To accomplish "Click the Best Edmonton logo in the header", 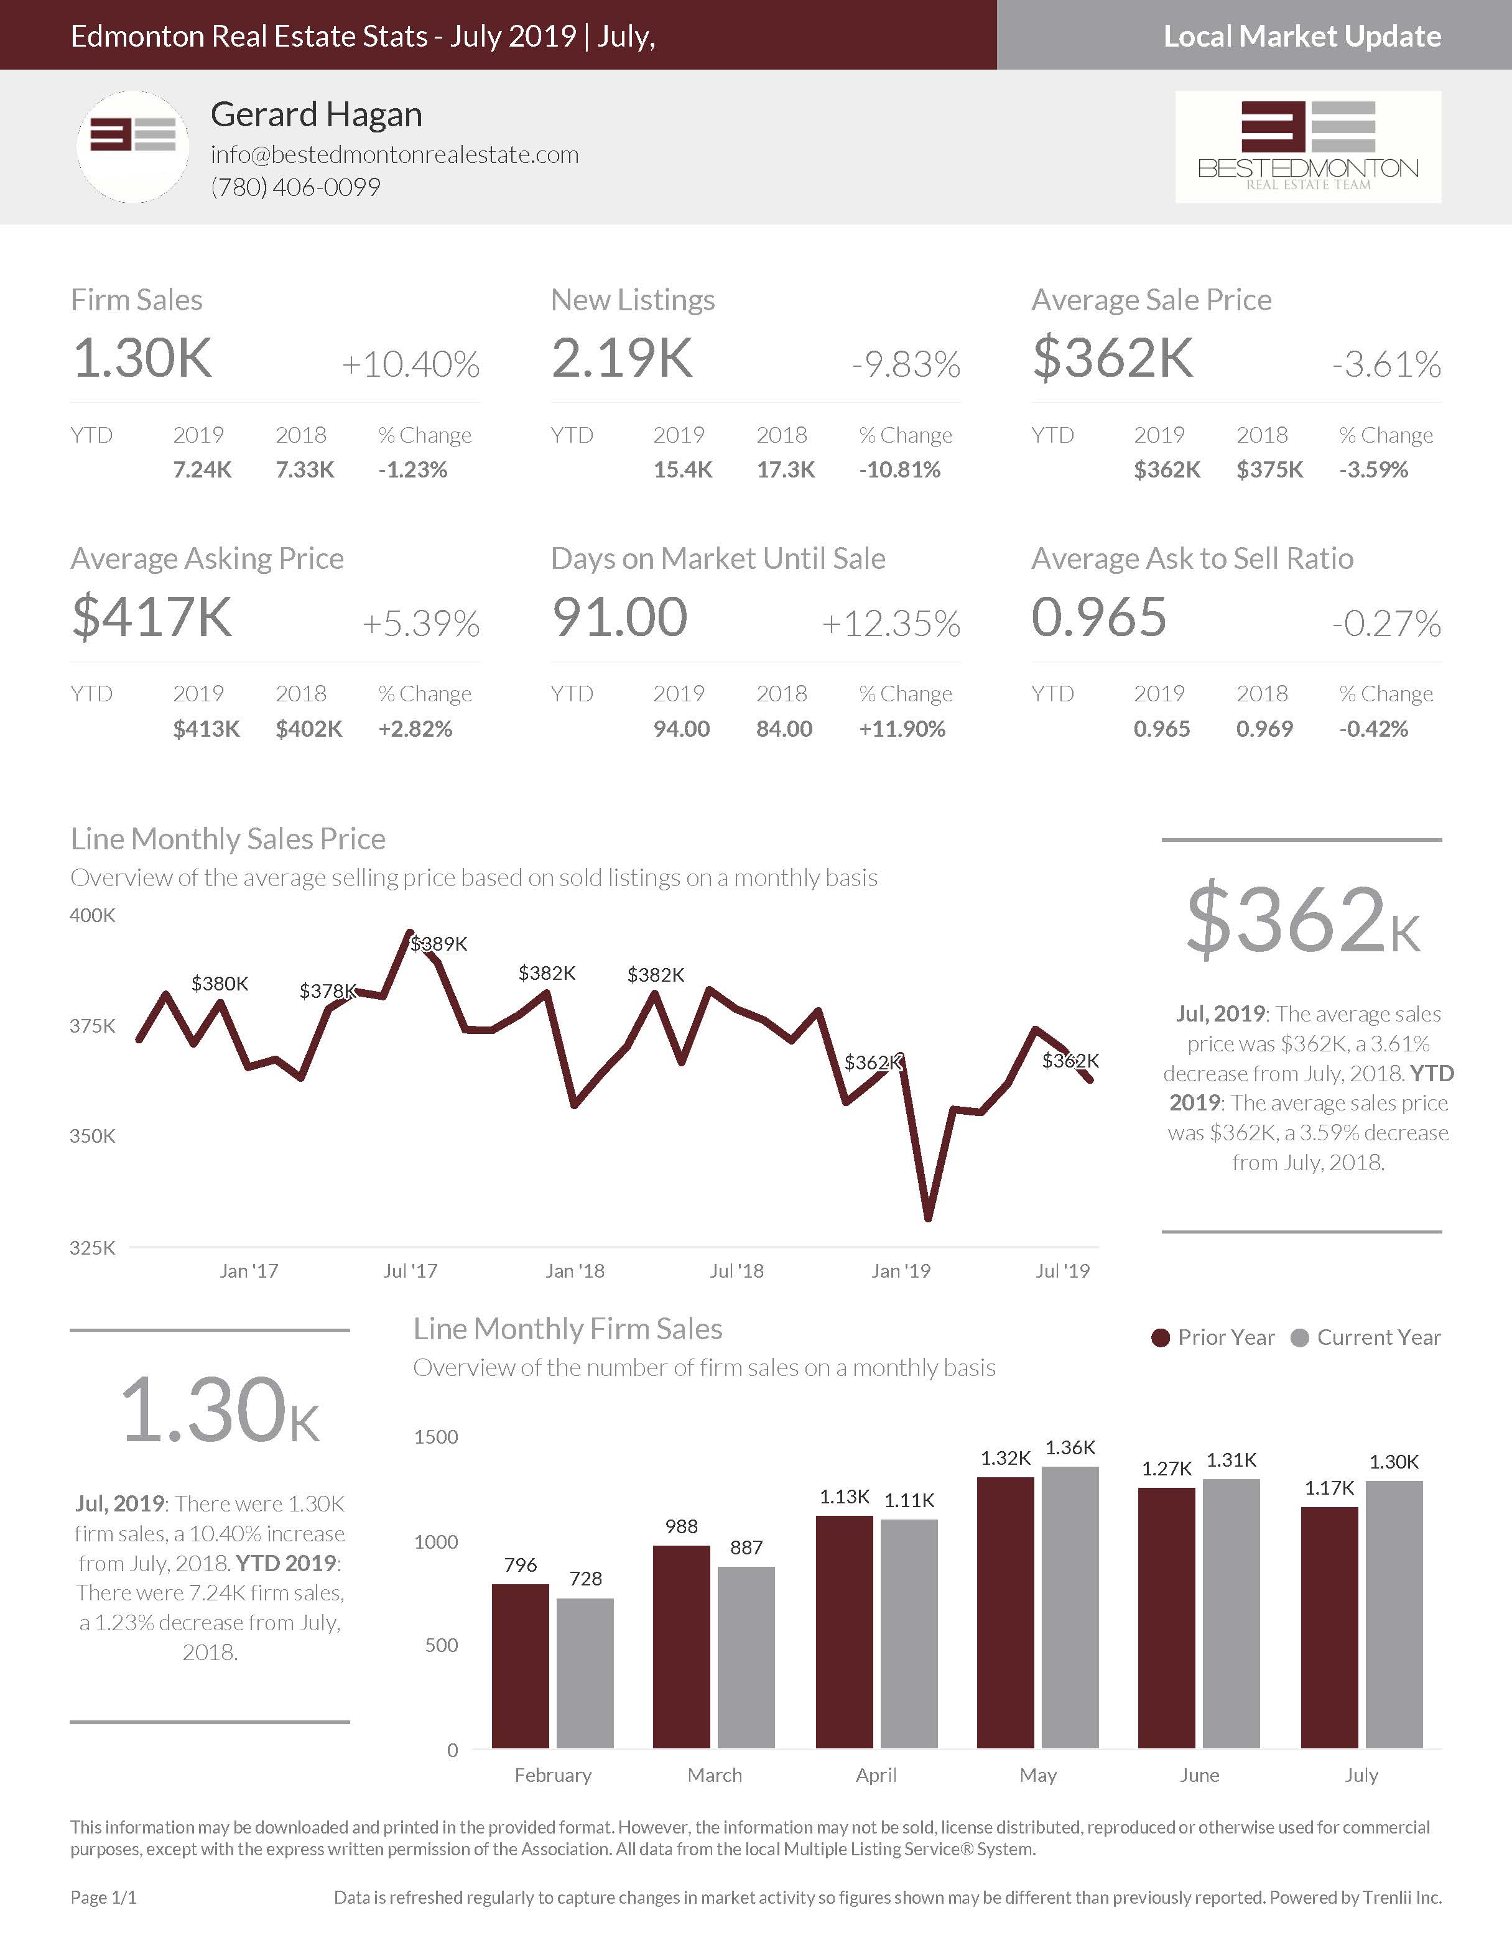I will pos(1308,146).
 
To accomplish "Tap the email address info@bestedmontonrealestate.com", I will pos(394,154).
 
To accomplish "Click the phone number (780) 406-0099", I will pos(295,187).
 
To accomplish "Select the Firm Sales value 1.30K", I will pos(142,358).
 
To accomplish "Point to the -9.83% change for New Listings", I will pos(906,364).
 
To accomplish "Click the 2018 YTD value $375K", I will pos(1269,469).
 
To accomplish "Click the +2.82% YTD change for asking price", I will pos(415,729).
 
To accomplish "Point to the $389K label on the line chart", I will pos(439,943).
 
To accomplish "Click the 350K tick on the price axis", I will pos(92,1136).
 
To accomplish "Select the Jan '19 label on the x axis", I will pos(900,1271).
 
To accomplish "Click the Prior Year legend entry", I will pos(1213,1337).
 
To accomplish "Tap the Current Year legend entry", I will pos(1365,1337).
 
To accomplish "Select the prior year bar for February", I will pos(521,1666).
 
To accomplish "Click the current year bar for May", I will pos(1070,1608).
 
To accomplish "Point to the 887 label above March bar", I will pos(746,1548).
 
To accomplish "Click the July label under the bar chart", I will pos(1361,1775).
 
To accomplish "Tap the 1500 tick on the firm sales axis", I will pos(435,1437).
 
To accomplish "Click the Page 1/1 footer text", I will pos(103,1897).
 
